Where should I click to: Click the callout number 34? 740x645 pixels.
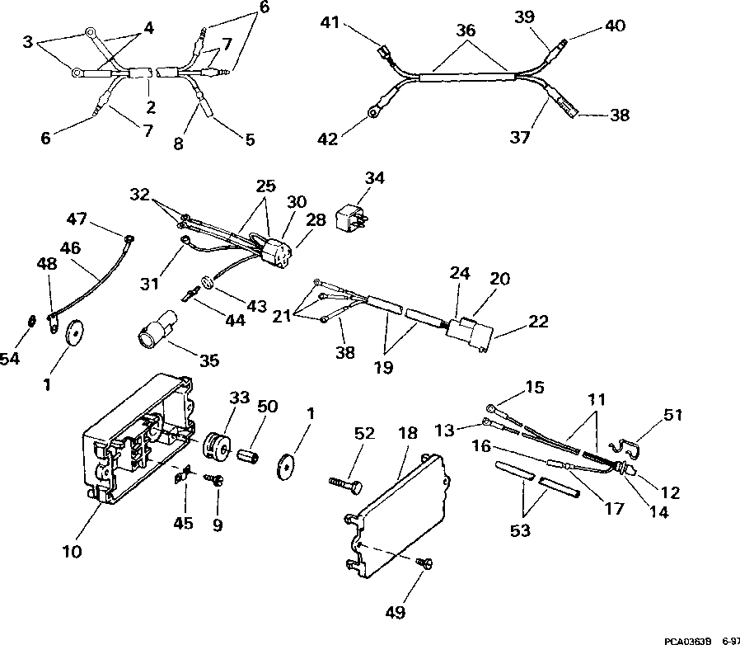pos(375,178)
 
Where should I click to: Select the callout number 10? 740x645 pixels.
pos(73,550)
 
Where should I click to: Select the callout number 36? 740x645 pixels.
pos(466,31)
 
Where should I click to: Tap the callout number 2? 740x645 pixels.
pos(151,106)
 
